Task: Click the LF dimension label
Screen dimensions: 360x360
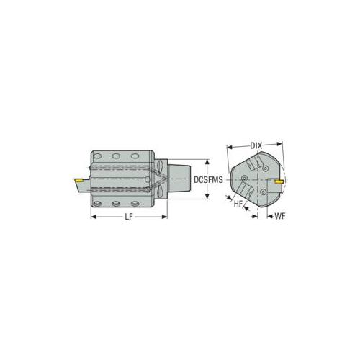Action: pos(129,217)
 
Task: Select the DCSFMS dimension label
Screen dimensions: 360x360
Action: pos(208,179)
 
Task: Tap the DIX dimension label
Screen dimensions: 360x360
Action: pos(256,145)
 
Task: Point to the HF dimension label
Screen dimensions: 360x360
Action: pos(238,204)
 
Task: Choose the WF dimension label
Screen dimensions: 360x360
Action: pos(280,216)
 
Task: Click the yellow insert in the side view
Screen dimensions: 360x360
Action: pos(78,180)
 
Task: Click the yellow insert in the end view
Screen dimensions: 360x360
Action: pos(279,181)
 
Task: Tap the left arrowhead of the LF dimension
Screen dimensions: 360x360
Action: pos(94,217)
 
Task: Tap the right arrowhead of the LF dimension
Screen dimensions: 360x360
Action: pos(164,217)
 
